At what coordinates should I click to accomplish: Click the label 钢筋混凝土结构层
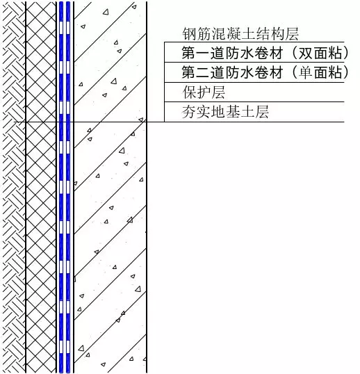coord(240,34)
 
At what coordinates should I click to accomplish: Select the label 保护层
coord(204,92)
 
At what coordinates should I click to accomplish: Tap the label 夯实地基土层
coord(225,112)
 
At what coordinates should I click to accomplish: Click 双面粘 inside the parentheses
coord(320,53)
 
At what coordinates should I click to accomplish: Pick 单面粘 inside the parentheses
coord(320,72)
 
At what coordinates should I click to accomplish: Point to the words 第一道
coord(203,53)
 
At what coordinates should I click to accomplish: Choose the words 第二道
coord(203,72)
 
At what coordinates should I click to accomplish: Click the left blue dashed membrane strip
coord(61,187)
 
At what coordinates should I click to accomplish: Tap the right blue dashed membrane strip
coord(68,187)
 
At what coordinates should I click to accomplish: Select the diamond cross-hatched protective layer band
coord(41,187)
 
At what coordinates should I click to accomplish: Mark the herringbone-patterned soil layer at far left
coord(14,187)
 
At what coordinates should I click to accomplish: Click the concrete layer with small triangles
coord(110,187)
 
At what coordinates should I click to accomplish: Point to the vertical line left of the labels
coord(164,82)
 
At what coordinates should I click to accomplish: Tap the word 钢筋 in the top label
coord(197,34)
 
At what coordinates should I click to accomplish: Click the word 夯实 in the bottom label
coord(196,112)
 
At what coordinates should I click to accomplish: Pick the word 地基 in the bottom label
coord(225,112)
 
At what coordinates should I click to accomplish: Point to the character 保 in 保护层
coord(190,92)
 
